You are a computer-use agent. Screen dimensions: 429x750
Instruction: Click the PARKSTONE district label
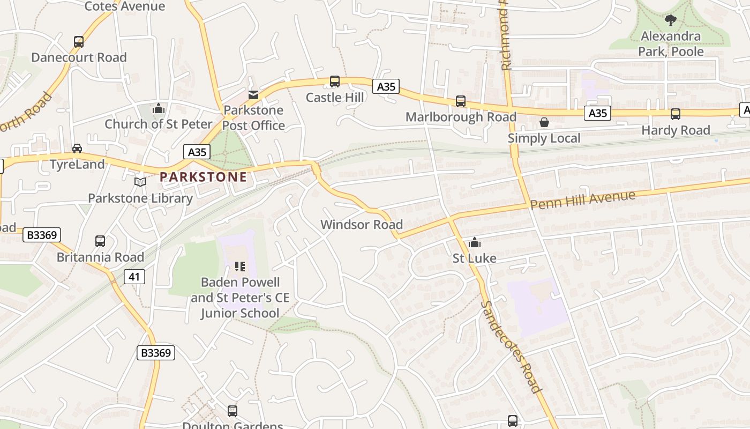[203, 176]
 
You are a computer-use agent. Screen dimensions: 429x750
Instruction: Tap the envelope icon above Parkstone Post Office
[253, 95]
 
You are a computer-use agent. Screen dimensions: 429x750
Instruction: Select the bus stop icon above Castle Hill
[335, 82]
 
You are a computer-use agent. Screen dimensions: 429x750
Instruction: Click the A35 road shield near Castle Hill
[386, 86]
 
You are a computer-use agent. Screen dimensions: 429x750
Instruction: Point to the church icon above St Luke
[474, 243]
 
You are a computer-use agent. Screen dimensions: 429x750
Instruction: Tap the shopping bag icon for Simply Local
[544, 122]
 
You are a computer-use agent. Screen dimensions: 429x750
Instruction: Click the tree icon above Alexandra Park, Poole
[670, 21]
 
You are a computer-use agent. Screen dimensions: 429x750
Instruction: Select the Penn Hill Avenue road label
[583, 199]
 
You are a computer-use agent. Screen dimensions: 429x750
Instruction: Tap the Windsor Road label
[362, 224]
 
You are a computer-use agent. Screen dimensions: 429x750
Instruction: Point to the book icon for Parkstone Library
[140, 182]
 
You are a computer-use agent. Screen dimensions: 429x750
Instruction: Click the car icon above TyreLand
[77, 149]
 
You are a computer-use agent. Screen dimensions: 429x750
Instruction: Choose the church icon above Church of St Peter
[158, 109]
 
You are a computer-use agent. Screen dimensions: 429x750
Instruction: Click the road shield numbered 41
[134, 277]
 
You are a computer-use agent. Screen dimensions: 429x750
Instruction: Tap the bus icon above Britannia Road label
[100, 241]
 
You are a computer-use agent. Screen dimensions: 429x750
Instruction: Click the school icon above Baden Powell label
[239, 267]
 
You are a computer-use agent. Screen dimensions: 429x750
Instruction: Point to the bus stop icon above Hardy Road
[676, 114]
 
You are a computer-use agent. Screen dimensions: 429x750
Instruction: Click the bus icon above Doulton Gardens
[232, 411]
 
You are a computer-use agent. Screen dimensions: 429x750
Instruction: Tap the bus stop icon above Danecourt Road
[79, 42]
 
